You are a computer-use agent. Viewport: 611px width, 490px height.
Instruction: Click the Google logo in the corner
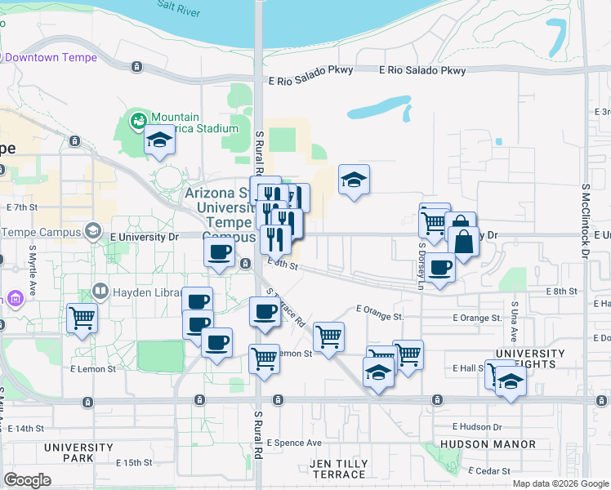click(27, 480)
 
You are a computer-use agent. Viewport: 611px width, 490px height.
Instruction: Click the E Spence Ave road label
click(292, 443)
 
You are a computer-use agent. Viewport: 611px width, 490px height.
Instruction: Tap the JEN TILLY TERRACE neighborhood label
click(338, 469)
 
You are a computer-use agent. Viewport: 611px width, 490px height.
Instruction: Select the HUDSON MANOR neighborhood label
click(488, 444)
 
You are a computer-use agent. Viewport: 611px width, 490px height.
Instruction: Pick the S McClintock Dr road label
click(586, 220)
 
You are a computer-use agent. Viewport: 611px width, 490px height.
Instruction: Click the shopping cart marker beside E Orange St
click(328, 335)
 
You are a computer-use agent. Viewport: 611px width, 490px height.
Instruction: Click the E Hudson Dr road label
click(480, 426)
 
